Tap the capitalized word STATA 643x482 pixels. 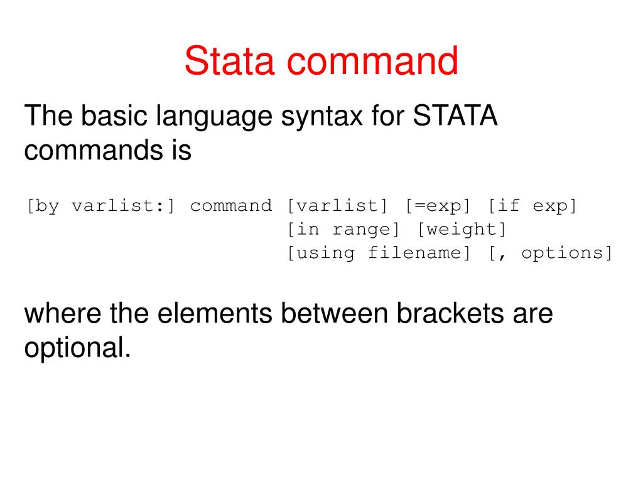click(455, 117)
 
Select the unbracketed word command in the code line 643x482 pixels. click(231, 206)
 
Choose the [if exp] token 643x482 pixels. click(532, 206)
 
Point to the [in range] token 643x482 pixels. click(343, 230)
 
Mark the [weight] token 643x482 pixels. click(462, 230)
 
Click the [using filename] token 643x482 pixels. click(379, 254)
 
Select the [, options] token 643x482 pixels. click(551, 254)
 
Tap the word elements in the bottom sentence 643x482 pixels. click(213, 313)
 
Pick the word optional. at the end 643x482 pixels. click(77, 348)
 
